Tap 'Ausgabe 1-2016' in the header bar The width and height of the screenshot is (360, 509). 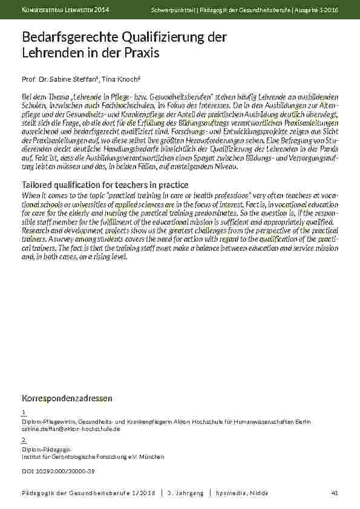318,10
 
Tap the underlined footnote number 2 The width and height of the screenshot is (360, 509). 23,439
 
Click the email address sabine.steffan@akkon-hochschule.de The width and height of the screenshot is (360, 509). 71,428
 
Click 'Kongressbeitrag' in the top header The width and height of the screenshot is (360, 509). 44,10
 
